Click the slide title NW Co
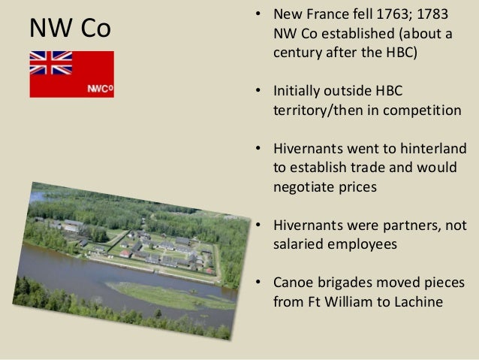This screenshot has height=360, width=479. [x=69, y=29]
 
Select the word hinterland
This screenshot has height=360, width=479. [x=435, y=147]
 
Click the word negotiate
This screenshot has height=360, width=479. [x=303, y=186]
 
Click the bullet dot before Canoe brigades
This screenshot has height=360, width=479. [x=259, y=283]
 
